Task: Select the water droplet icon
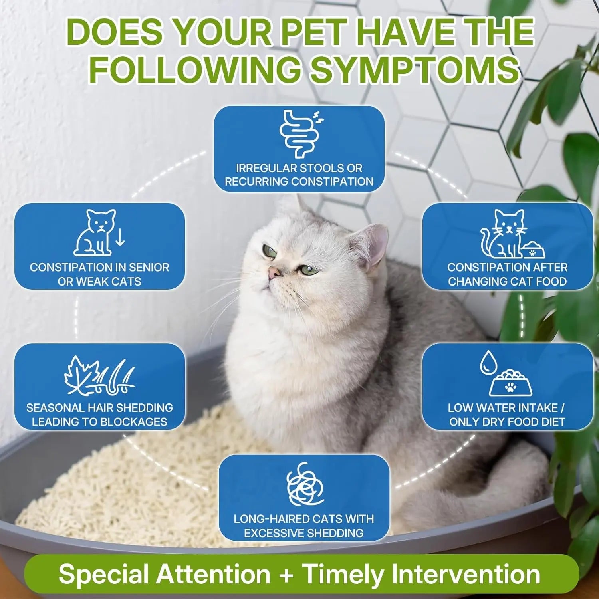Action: (x=486, y=362)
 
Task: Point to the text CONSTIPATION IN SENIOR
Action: (x=99, y=267)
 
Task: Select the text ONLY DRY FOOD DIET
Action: (x=507, y=422)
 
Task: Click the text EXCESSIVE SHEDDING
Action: (x=304, y=533)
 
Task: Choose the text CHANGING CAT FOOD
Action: (x=507, y=281)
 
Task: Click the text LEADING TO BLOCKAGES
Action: (x=99, y=422)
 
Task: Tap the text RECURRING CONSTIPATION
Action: (x=299, y=181)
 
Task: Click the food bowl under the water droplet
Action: (x=511, y=383)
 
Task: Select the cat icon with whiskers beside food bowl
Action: (x=502, y=234)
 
